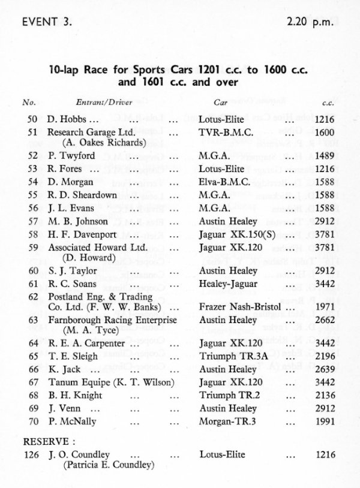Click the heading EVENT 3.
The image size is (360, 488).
(x=46, y=23)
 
